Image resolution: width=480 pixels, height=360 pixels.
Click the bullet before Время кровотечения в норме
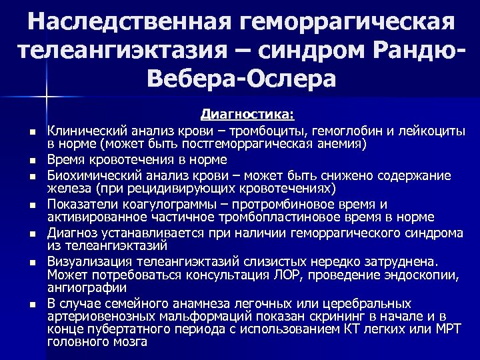coord(31,160)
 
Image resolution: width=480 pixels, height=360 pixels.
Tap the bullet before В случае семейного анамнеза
coord(31,304)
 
